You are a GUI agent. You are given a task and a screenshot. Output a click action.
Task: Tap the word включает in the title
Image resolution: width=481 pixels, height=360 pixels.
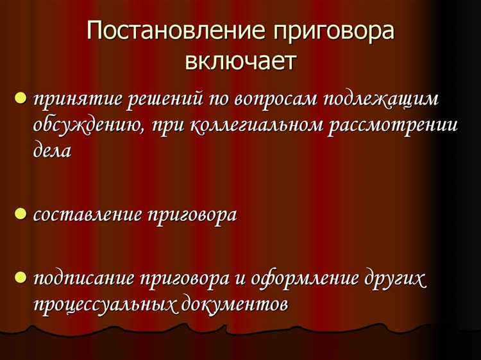click(x=240, y=62)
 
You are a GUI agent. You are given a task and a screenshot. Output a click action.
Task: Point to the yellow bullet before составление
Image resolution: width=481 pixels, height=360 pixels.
click(x=21, y=214)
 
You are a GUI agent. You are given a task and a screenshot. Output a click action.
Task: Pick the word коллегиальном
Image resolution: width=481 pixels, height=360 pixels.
click(x=257, y=124)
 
